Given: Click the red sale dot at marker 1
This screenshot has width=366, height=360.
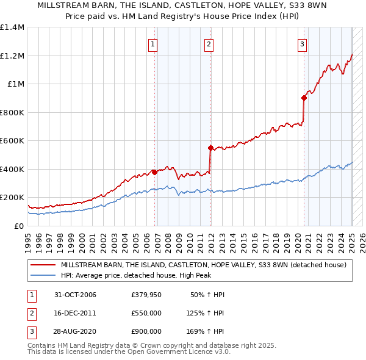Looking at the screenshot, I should (x=155, y=172).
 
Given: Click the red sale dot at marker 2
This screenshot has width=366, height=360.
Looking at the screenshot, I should (x=210, y=148).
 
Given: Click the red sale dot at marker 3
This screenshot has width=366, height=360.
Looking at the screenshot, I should (x=304, y=98).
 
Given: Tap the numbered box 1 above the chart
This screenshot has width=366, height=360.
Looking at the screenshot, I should (x=152, y=43).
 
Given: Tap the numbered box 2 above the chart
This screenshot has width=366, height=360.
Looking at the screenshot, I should (x=209, y=43).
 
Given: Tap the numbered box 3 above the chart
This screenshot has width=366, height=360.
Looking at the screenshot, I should (x=302, y=43).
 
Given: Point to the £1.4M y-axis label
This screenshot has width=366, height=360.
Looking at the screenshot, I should (x=12, y=27).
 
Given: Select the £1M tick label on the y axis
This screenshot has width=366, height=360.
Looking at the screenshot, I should (x=16, y=84).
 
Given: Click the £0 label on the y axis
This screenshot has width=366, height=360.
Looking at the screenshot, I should (x=19, y=226).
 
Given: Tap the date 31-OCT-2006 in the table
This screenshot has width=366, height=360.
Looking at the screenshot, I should (x=75, y=295).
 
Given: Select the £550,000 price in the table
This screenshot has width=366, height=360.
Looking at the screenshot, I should (x=146, y=313).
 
